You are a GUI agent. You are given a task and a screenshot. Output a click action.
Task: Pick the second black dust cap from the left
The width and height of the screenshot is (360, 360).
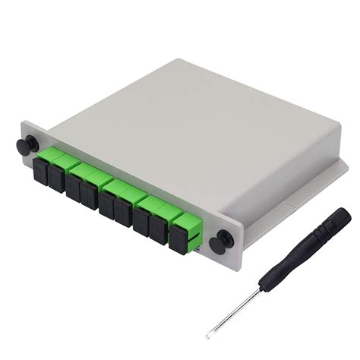pos(55,175)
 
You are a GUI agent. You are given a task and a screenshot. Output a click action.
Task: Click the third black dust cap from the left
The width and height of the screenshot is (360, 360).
pos(74,186)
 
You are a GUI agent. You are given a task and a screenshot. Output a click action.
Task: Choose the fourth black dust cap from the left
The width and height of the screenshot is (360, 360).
pos(89,194)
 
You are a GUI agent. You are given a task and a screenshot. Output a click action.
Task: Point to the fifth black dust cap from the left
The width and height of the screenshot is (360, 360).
pos(107,203)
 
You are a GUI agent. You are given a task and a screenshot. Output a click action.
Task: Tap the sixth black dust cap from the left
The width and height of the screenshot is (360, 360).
pos(123,211)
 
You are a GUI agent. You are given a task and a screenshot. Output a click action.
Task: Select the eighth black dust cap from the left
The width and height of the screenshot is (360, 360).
pos(158,229)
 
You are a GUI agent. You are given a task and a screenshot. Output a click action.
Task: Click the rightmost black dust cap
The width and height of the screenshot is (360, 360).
pos(178,239)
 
